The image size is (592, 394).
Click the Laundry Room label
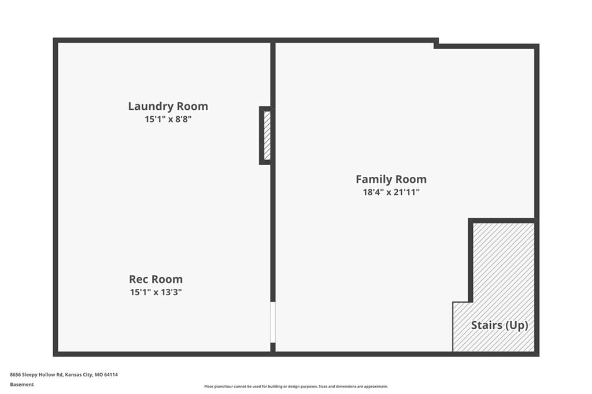click(168, 106)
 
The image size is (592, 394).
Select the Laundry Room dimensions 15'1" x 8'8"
click(168, 119)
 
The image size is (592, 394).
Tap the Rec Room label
click(156, 279)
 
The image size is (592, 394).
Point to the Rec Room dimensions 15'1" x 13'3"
click(156, 292)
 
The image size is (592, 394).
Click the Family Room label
click(391, 179)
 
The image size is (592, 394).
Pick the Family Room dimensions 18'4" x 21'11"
click(391, 192)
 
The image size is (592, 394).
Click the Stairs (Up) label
click(499, 325)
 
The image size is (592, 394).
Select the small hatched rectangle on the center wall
click(267, 136)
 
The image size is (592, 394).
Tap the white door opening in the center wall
click(273, 322)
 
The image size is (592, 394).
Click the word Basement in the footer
click(22, 385)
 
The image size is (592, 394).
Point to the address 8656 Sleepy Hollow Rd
click(36, 375)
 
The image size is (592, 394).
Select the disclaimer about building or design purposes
click(296, 386)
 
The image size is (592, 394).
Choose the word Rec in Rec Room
click(138, 279)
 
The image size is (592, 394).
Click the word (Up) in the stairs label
click(517, 325)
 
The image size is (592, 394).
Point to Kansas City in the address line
click(79, 375)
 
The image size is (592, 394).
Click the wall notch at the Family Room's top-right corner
click(436, 44)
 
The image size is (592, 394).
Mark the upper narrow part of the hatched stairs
click(504, 262)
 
